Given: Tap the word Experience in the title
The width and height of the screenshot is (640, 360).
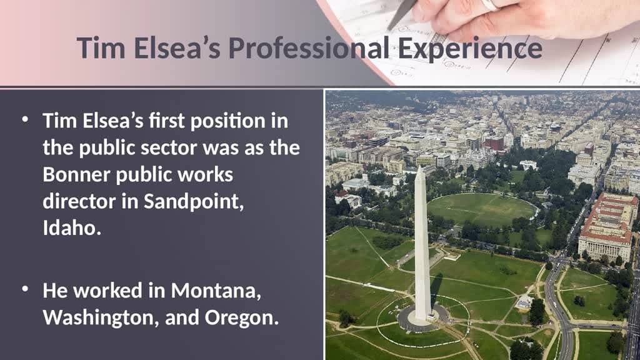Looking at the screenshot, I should tap(471, 49).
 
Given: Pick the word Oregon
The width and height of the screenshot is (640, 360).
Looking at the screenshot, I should tap(241, 317).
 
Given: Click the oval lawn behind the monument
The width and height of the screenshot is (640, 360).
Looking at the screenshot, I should tap(481, 209).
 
